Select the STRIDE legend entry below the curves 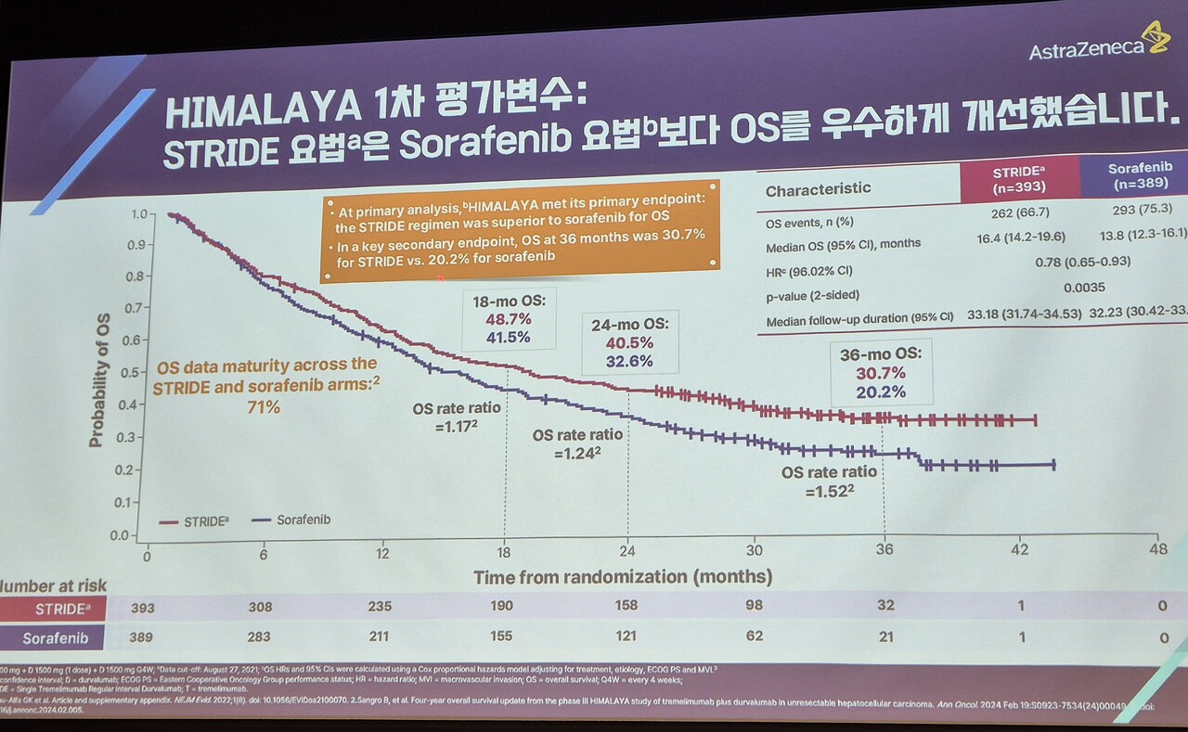[199, 522]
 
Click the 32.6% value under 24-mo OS [629, 361]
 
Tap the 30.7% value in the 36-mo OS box [881, 372]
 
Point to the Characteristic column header [818, 188]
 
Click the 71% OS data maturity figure [262, 406]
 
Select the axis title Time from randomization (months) [622, 577]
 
